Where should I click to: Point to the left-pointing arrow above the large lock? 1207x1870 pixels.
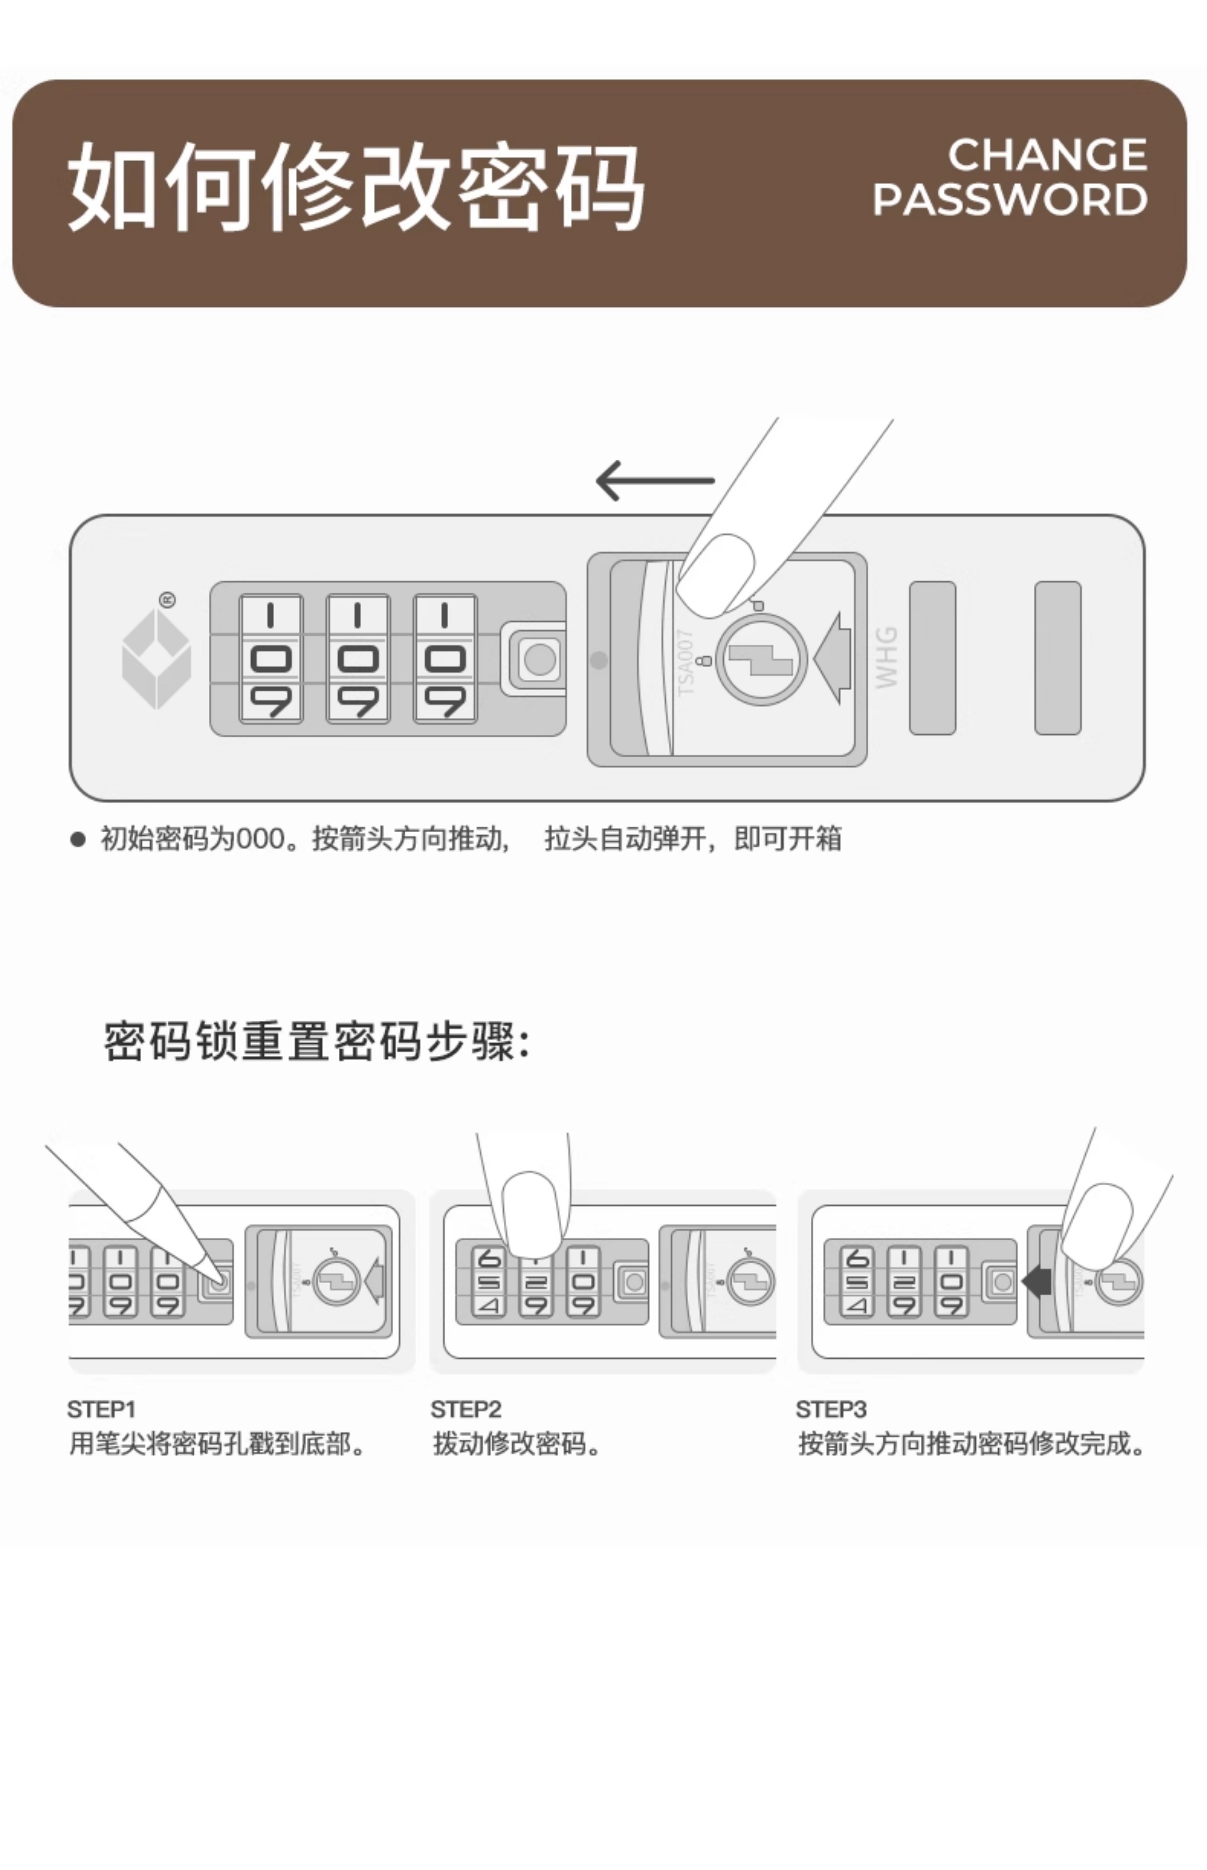pos(655,480)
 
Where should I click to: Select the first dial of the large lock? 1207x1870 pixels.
pos(271,658)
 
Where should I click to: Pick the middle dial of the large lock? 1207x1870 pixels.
pos(357,658)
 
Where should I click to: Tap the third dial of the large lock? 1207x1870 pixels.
pos(444,658)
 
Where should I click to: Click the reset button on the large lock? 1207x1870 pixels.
pos(539,658)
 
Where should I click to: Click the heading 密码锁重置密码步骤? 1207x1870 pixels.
pos(317,1041)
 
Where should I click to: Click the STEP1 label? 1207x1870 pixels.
pos(102,1409)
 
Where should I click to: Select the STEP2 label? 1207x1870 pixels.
pos(466,1409)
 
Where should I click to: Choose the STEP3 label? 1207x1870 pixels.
pos(831,1409)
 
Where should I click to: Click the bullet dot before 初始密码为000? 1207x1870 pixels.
pos(77,839)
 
